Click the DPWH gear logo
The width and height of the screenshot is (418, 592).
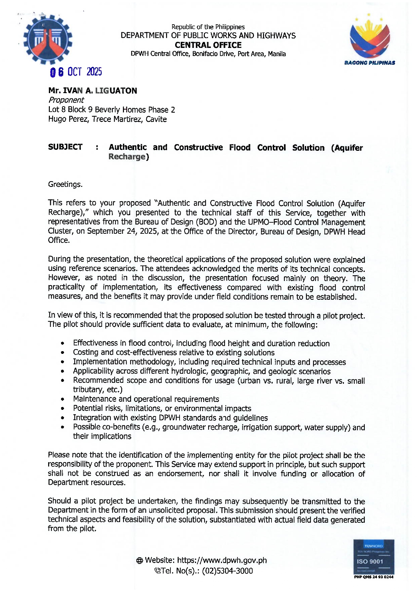pos(47,39)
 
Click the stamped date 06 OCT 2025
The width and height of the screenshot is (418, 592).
pos(76,72)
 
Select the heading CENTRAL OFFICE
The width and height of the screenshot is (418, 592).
pos(208,45)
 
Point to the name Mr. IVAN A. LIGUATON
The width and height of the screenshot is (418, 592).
pos(93,90)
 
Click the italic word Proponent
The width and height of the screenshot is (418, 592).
pos(66,100)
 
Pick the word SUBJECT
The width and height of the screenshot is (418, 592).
pos(65,147)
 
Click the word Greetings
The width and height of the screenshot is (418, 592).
pos(65,184)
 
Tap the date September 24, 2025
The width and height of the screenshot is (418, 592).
pos(122,231)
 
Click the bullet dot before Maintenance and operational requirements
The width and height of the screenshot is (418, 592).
pos(63,399)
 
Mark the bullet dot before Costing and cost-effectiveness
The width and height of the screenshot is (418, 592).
pos(63,353)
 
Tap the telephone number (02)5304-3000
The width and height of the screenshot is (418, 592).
pos(227,571)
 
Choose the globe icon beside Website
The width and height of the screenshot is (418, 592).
pos(140,561)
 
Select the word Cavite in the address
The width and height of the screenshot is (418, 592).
pos(156,119)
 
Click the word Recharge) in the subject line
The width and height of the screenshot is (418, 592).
pos(128,157)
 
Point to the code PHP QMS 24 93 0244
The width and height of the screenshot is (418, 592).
pos(374,577)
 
